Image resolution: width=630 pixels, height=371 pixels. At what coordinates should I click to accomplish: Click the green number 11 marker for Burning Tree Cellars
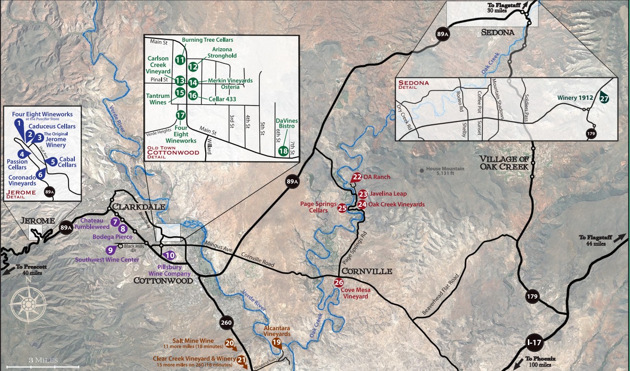point(180,60)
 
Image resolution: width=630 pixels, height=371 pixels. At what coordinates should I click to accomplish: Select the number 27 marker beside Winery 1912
point(604,97)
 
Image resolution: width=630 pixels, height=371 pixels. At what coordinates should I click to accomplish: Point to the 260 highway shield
point(226,323)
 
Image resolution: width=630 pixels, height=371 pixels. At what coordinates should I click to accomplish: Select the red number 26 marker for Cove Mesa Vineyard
point(339,282)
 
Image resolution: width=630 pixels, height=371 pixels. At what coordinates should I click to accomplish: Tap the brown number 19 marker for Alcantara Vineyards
point(277,342)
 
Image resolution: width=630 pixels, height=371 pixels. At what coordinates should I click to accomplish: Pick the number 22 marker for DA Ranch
point(357,177)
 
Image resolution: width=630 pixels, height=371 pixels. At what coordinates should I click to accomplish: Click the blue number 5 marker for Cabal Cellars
point(54,162)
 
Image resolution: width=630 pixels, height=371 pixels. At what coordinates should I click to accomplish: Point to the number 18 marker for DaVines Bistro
point(283,152)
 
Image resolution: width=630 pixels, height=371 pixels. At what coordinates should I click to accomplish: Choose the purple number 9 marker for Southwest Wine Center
point(111,250)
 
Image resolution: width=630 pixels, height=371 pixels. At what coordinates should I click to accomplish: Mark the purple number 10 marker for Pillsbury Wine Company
point(169,256)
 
